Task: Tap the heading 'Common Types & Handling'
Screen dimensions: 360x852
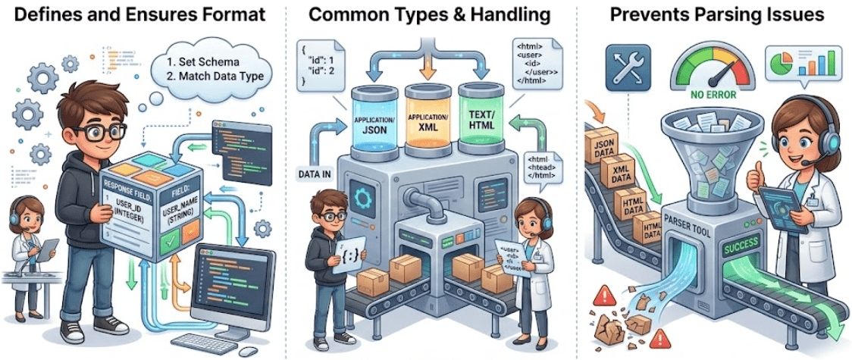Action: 430,14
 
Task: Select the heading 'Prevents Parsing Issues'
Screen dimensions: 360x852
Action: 713,14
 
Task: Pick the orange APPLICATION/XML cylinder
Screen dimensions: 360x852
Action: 426,121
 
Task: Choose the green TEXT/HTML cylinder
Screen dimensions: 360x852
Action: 482,121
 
